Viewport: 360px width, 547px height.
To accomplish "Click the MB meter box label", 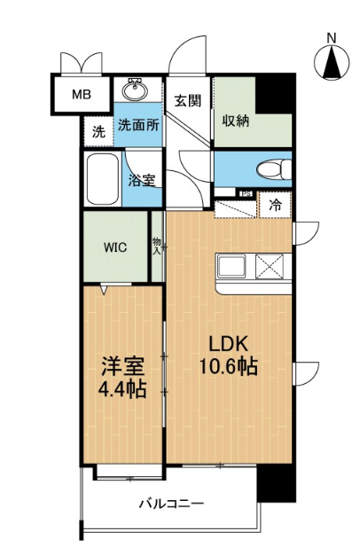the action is click(x=82, y=95).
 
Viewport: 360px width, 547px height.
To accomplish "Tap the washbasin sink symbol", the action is click(x=135, y=90).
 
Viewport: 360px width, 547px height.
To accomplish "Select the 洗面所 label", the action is click(x=139, y=125).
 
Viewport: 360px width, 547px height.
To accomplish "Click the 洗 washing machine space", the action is click(x=99, y=131).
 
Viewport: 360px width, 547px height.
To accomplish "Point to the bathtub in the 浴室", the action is click(x=103, y=178).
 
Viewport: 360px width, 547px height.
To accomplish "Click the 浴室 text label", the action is click(x=141, y=181).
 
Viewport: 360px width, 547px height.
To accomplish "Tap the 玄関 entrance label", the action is click(x=188, y=101).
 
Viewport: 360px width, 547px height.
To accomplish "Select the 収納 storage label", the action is click(x=236, y=121).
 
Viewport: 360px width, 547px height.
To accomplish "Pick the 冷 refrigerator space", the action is click(x=276, y=206).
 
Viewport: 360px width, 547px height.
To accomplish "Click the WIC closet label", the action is click(x=115, y=247).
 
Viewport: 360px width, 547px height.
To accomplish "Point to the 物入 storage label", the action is click(x=157, y=246).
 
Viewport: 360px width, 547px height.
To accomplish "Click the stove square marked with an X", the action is click(x=270, y=267).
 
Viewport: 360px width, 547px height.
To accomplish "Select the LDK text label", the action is click(x=228, y=344).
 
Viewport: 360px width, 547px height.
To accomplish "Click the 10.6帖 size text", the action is click(x=229, y=366).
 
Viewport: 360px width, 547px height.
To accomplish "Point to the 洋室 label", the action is click(x=122, y=367).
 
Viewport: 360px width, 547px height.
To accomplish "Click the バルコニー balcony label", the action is click(x=172, y=504).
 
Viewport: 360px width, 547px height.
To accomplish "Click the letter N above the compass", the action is click(x=332, y=38).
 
